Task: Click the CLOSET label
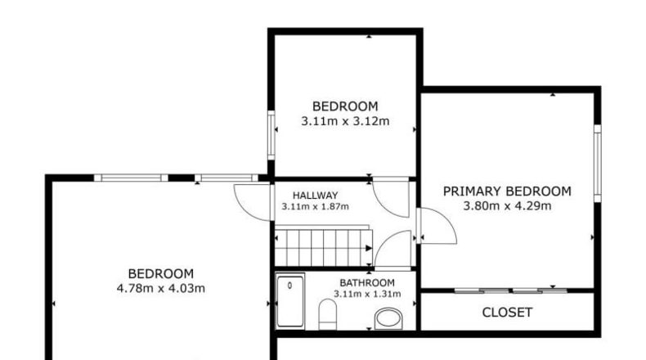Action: (x=507, y=313)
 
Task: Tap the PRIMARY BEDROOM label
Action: (x=507, y=191)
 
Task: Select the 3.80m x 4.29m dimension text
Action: (x=507, y=206)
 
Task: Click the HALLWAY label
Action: (x=315, y=195)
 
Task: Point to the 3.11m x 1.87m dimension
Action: (x=315, y=206)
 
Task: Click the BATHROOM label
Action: (x=367, y=283)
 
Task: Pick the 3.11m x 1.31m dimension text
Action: (x=367, y=294)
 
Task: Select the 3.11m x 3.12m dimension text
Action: (x=345, y=121)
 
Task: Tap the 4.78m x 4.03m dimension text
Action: (x=160, y=288)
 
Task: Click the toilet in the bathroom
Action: (x=328, y=314)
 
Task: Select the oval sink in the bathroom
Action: (x=388, y=318)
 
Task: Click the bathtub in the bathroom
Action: (x=290, y=300)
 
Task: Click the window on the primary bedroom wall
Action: (x=598, y=163)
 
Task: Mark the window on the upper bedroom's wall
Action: (x=271, y=135)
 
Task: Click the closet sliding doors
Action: (x=511, y=290)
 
